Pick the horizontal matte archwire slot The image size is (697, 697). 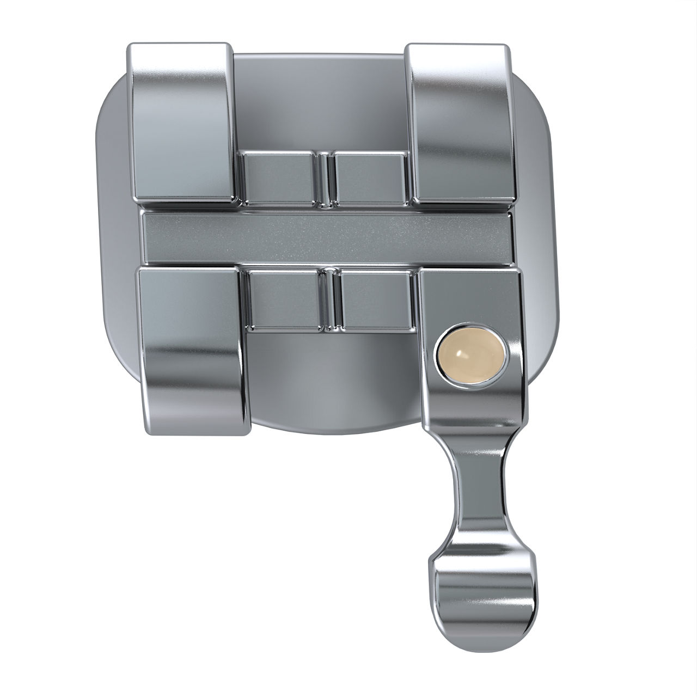(x=327, y=237)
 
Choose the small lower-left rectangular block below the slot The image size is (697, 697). (x=283, y=301)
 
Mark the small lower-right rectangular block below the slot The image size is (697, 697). (x=375, y=301)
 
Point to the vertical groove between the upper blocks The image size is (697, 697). (x=325, y=179)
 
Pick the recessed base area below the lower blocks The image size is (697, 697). (x=332, y=381)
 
